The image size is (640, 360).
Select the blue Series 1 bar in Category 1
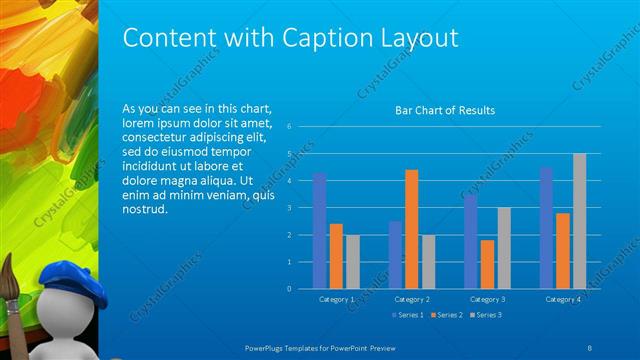click(x=319, y=231)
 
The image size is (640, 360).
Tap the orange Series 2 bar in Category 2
click(x=412, y=229)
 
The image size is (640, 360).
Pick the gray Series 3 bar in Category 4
click(x=579, y=221)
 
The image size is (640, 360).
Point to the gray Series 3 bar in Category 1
click(x=352, y=262)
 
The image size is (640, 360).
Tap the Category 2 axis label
click(x=412, y=299)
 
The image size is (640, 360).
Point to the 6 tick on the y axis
click(x=288, y=127)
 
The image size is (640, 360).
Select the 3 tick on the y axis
click(x=288, y=208)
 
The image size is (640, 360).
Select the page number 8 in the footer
click(x=589, y=347)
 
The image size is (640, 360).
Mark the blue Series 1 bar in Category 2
click(x=395, y=255)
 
